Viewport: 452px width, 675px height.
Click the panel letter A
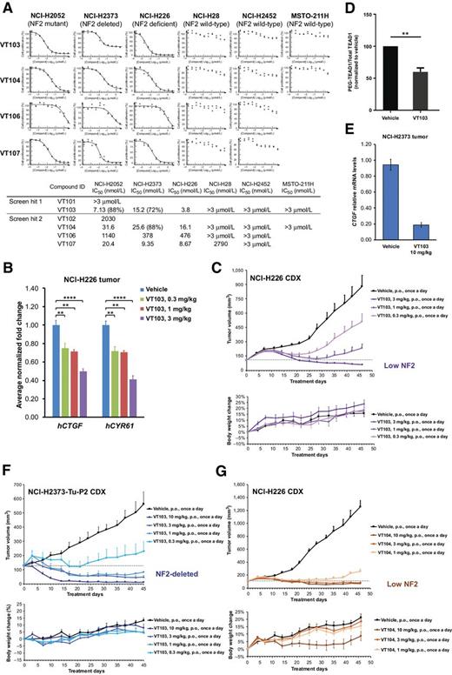(x=7, y=7)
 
